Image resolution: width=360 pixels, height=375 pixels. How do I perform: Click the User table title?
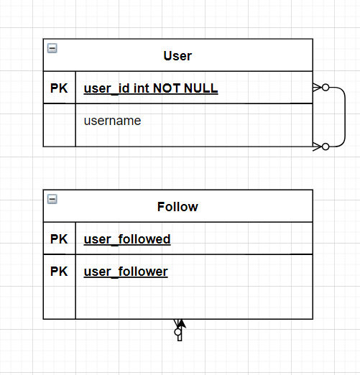[177, 56]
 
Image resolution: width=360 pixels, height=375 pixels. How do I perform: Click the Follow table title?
[177, 207]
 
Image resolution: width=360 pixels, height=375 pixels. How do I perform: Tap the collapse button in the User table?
[52, 48]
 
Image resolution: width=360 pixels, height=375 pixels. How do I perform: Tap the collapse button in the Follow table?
[52, 199]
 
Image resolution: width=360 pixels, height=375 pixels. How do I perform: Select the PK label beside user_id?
[59, 88]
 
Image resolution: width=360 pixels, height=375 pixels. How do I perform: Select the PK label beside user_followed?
[59, 239]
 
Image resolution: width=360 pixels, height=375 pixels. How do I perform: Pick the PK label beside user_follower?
[59, 272]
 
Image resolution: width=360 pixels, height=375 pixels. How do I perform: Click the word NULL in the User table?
[201, 88]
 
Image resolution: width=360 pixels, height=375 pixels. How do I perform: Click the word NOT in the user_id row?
[167, 88]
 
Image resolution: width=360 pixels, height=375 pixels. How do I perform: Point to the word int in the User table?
[142, 88]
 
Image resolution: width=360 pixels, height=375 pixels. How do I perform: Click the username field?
[112, 121]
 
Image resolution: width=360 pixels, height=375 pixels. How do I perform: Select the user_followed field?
[127, 239]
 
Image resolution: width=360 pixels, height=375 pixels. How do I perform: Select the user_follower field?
[126, 272]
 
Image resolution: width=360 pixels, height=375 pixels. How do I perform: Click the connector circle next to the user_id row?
[326, 88]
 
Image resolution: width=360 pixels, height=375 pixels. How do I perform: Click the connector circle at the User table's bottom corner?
[326, 147]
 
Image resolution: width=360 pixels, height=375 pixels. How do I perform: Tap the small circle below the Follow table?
[177, 332]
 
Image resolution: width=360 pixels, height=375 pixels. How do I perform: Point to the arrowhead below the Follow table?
[182, 323]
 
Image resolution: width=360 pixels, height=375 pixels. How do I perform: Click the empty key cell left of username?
[60, 125]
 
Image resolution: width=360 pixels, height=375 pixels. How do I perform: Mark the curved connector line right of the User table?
[345, 117]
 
